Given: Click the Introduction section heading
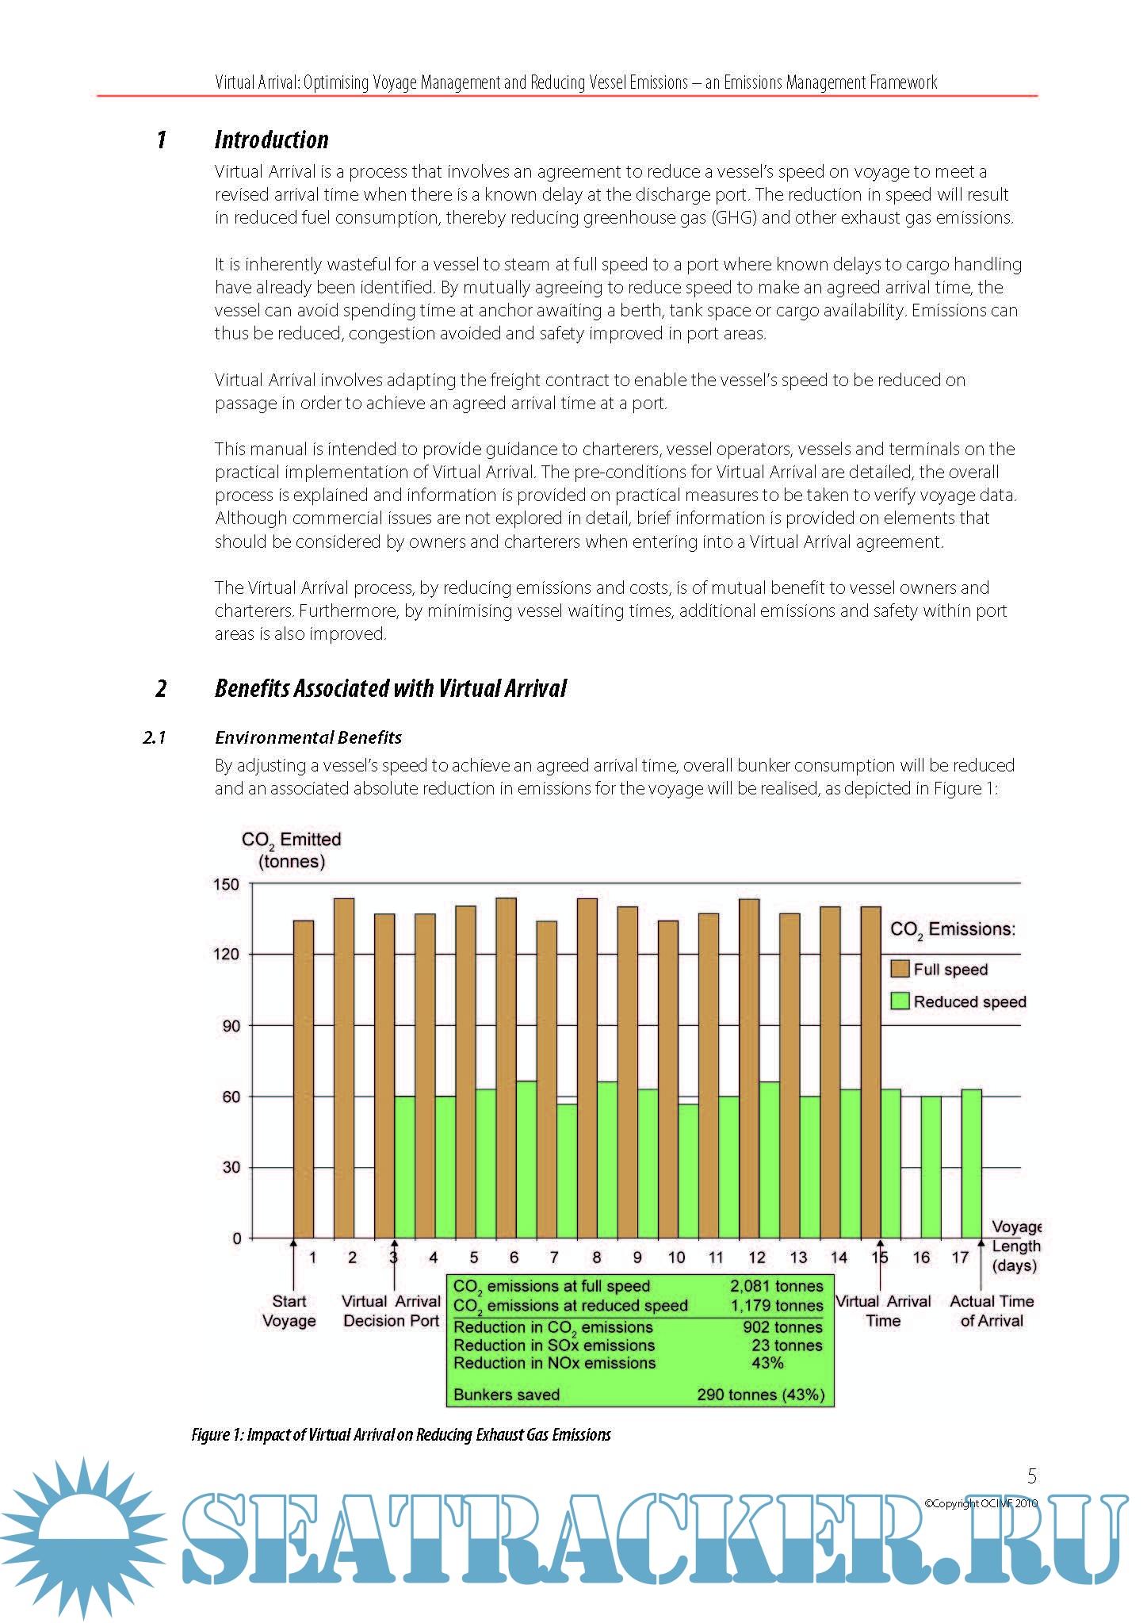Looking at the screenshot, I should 271,140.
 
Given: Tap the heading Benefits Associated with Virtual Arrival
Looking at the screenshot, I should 390,688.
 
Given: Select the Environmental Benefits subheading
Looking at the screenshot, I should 308,737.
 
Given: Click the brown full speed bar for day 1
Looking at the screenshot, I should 304,1078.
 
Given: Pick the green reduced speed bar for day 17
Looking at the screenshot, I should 971,1163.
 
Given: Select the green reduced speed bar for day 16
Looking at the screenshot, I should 931,1166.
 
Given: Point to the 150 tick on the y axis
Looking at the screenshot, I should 226,884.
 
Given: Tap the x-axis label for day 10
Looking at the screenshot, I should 676,1257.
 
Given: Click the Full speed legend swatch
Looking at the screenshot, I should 900,969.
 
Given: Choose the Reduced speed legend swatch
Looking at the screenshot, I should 900,1001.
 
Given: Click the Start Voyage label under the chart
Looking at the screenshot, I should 289,1311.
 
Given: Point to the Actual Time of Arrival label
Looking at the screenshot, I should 992,1311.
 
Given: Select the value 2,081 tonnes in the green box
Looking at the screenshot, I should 776,1286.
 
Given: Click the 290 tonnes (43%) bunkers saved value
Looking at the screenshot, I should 760,1395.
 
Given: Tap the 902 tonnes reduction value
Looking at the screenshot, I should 782,1327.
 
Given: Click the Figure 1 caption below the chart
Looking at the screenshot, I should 400,1434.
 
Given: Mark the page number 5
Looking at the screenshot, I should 1031,1476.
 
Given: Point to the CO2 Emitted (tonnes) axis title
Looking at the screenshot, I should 291,850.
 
